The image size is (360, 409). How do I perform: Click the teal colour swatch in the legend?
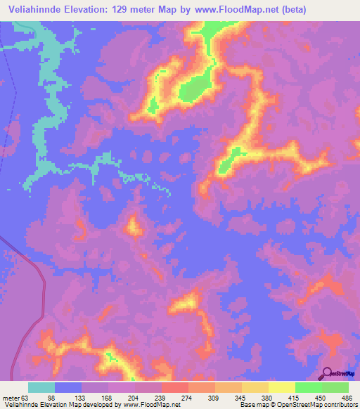pyautogui.click(x=41, y=388)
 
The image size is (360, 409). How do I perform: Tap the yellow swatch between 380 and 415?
pyautogui.click(x=281, y=388)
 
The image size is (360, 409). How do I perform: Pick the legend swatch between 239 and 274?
pyautogui.click(x=174, y=388)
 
